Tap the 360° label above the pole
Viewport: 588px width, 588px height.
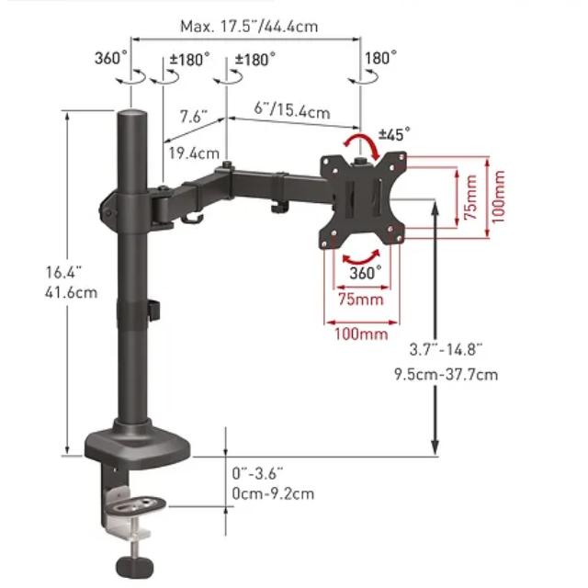point(111,58)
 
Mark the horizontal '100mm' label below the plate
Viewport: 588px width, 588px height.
point(361,334)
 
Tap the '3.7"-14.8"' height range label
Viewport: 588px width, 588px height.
point(446,350)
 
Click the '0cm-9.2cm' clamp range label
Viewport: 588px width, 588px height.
point(273,492)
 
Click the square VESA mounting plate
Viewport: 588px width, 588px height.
point(361,199)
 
